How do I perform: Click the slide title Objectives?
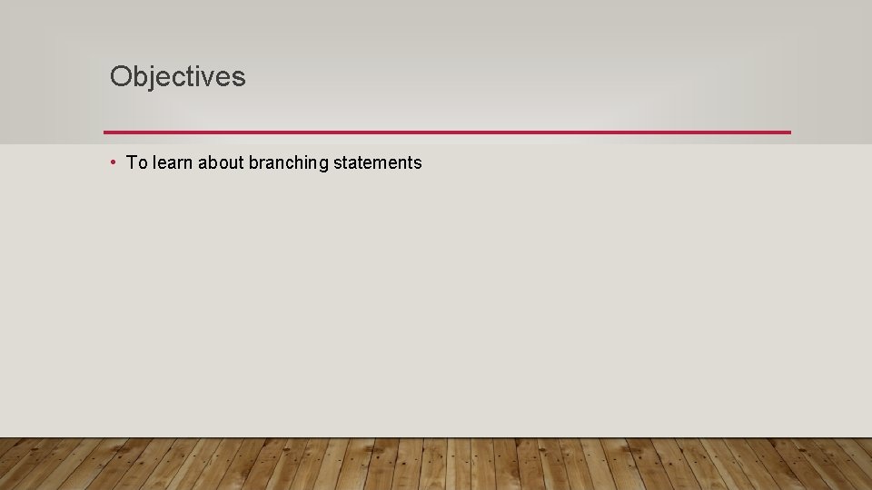click(x=177, y=77)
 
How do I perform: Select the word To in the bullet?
click(x=136, y=163)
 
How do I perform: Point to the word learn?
click(x=172, y=163)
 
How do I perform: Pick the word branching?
click(x=289, y=164)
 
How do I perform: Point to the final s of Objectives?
click(x=239, y=79)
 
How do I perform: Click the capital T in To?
click(x=132, y=163)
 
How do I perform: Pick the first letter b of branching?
click(x=253, y=163)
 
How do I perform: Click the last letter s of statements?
click(x=418, y=164)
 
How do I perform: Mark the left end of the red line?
click(x=106, y=132)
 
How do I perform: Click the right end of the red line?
click(x=788, y=132)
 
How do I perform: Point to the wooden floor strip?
click(x=436, y=464)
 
